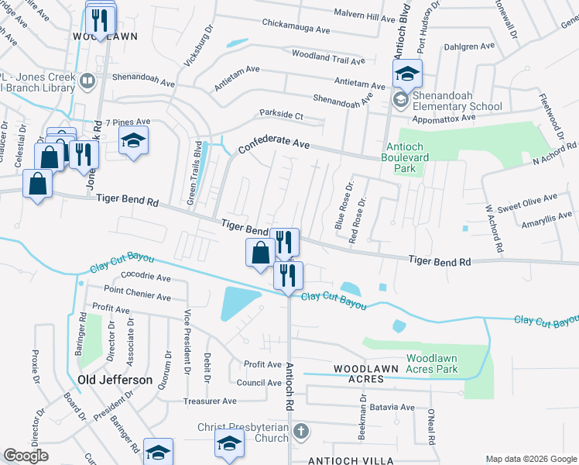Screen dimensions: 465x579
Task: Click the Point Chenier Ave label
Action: click(x=137, y=296)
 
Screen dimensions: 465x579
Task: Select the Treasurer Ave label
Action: click(x=210, y=401)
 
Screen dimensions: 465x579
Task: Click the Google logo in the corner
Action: click(x=26, y=456)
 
